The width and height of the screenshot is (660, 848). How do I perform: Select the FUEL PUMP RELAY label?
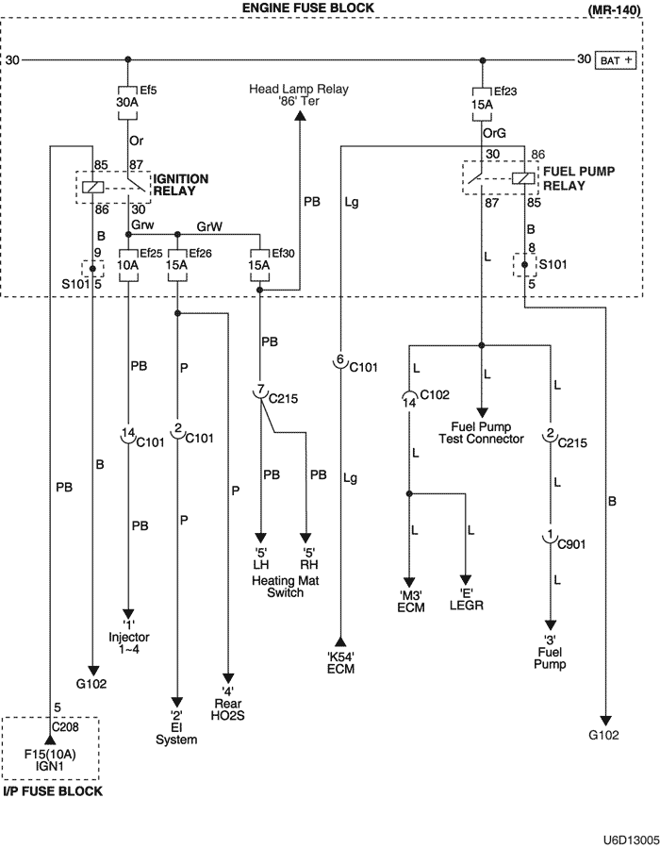click(x=575, y=179)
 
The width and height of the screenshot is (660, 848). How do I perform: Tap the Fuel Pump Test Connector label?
click(x=482, y=432)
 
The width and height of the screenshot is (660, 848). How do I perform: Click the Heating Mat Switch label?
click(x=278, y=587)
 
